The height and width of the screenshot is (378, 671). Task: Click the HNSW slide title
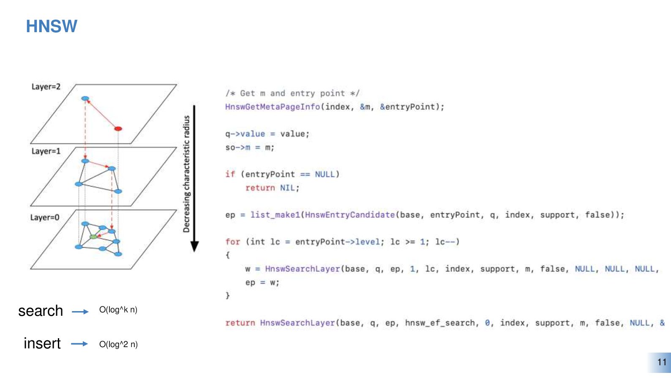[x=52, y=26]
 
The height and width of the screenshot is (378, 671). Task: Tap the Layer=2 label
[x=46, y=87]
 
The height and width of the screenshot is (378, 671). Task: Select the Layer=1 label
[x=46, y=151]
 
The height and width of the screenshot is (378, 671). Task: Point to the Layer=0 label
[x=45, y=218]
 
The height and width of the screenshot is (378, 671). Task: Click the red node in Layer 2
[x=118, y=129]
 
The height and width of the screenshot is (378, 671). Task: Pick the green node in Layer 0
[x=93, y=237]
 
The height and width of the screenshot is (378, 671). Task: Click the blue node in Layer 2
[x=85, y=99]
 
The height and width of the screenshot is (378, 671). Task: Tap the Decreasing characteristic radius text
[x=186, y=174]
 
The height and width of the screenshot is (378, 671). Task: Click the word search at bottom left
[x=41, y=311]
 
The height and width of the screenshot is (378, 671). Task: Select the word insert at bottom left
[x=42, y=343]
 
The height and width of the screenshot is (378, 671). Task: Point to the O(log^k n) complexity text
[x=118, y=310]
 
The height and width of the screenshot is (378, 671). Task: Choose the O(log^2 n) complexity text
[x=118, y=344]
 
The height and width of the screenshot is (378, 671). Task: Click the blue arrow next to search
[x=80, y=312]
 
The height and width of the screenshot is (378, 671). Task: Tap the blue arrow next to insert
[x=79, y=344]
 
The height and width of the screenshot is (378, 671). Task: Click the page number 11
[x=662, y=362]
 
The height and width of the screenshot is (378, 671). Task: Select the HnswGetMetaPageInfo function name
[x=273, y=107]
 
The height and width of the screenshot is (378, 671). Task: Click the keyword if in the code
[x=230, y=174]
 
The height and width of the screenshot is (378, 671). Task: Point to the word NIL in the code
[x=288, y=188]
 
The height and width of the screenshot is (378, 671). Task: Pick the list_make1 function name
[x=275, y=215]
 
